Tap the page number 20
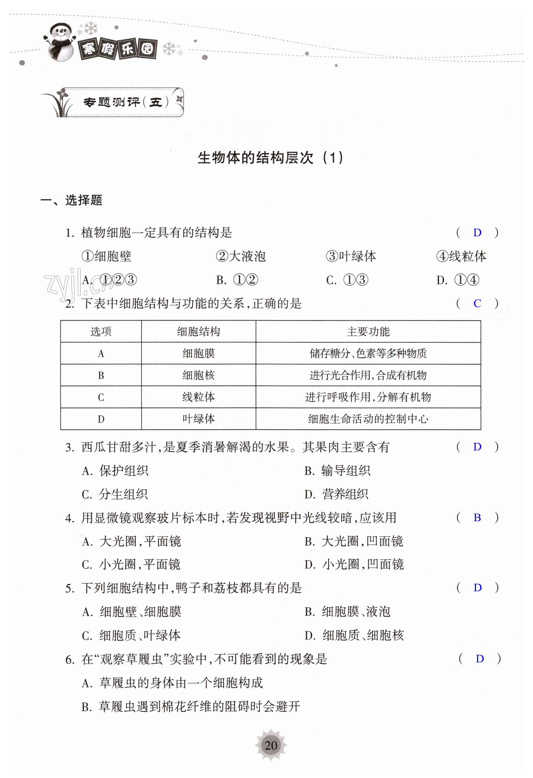pos(271,745)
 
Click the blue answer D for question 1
pos(477,232)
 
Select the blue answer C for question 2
pos(477,303)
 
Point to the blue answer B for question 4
pos(477,517)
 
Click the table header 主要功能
pos(368,331)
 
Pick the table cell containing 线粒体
pos(198,397)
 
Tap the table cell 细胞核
pos(198,375)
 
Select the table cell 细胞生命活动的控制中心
pos(368,419)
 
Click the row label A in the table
pos(101,353)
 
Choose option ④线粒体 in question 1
pos(461,256)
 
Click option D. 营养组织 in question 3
pos(336,494)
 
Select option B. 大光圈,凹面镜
pos(354,541)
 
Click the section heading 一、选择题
pos(71,200)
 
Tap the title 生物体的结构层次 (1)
pos(270,158)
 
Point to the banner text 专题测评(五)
pos(125,102)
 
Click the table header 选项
pos(101,331)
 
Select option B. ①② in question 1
pos(237,280)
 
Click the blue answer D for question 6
pos(479,659)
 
